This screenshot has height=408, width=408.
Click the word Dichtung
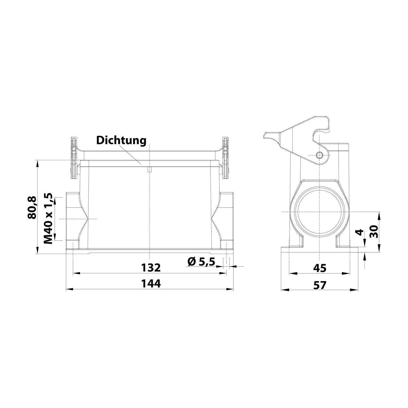(121, 141)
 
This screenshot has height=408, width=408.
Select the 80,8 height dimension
(32, 207)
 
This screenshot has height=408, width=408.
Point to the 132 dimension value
(151, 268)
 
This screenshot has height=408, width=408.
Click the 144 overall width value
(151, 284)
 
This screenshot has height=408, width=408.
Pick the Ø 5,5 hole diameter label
(201, 262)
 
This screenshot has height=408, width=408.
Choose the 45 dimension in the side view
(319, 268)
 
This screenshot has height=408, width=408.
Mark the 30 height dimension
(375, 231)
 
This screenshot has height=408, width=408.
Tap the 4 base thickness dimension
(360, 232)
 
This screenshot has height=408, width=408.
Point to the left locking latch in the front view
(73, 158)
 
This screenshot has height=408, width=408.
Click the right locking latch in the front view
(225, 158)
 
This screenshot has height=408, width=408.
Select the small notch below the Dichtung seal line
(149, 170)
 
